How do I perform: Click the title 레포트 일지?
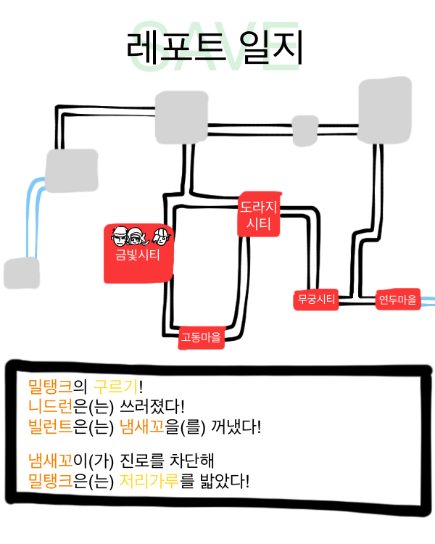[214, 48]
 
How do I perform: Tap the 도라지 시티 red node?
[259, 215]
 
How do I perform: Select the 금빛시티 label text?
[138, 255]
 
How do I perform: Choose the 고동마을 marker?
[201, 337]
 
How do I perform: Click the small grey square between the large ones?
[304, 130]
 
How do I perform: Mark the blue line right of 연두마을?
[428, 299]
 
